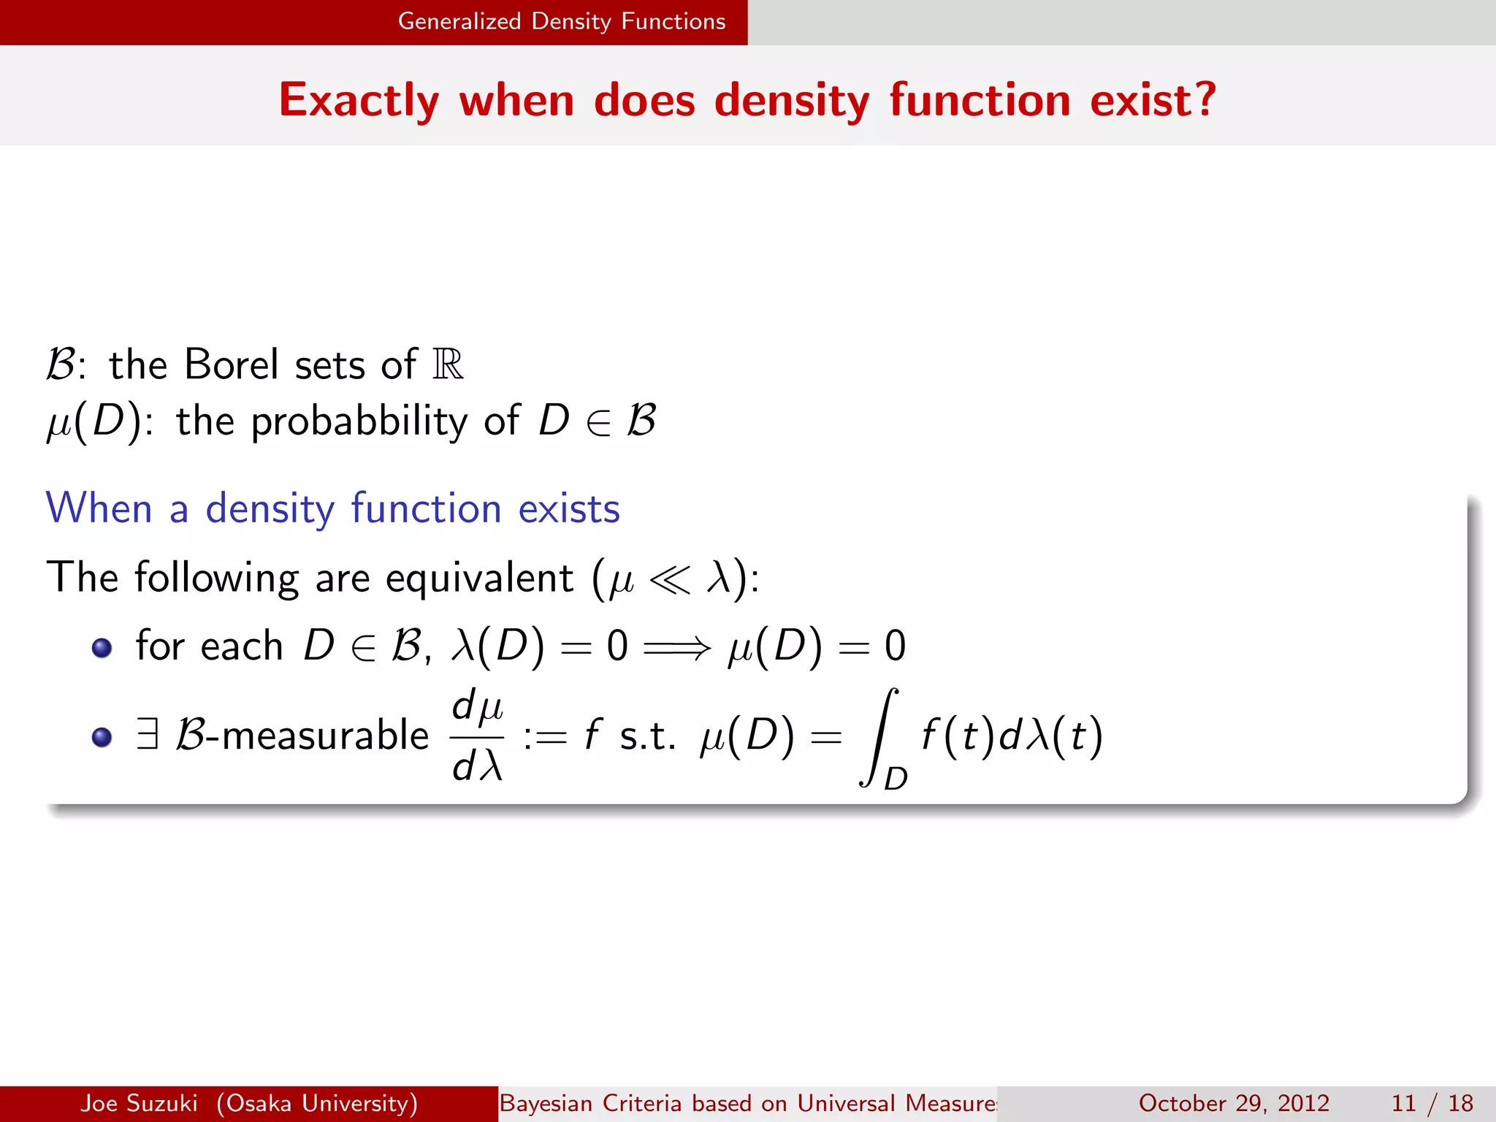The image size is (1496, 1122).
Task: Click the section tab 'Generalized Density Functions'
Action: point(561,22)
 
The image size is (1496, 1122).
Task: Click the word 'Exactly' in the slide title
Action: point(359,100)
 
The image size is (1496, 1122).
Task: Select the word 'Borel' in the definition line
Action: point(232,364)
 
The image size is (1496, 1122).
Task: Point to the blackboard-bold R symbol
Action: point(448,364)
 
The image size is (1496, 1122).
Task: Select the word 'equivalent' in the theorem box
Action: point(479,578)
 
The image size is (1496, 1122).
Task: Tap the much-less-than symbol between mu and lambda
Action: point(669,579)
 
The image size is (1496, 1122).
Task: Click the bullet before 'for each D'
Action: point(102,648)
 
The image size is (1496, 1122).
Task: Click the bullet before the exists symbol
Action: point(102,736)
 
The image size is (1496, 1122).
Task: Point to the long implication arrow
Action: point(676,647)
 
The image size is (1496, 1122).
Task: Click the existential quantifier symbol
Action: point(148,733)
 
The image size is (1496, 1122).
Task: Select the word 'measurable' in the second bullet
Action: point(325,735)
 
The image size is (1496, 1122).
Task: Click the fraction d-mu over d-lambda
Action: point(478,736)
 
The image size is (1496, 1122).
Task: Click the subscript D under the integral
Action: point(896,779)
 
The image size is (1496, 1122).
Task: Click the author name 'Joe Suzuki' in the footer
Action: point(139,1103)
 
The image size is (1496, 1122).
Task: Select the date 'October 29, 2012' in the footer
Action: point(1234,1103)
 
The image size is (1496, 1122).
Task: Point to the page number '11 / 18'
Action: point(1432,1103)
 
